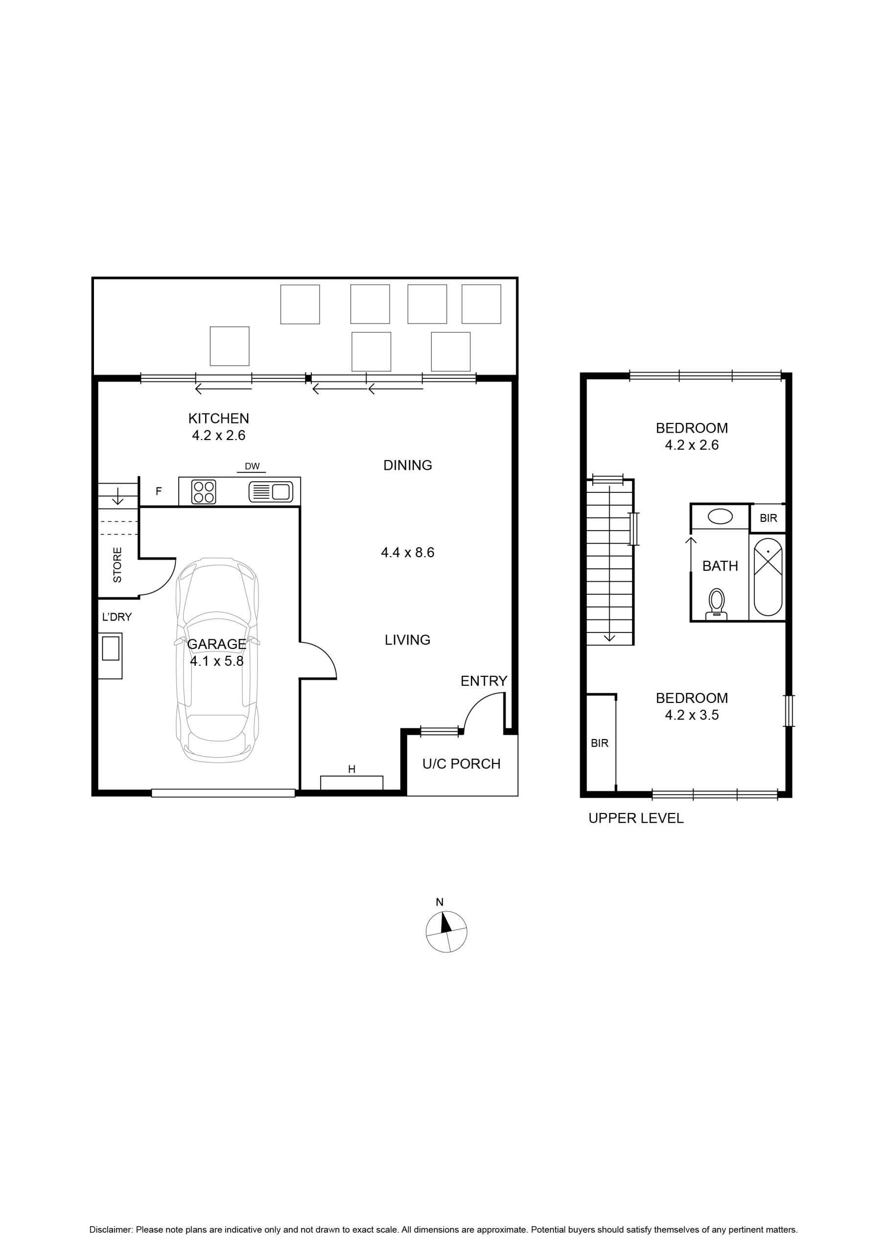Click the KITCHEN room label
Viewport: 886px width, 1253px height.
pyautogui.click(x=218, y=418)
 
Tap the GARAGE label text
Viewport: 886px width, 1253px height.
pyautogui.click(x=217, y=644)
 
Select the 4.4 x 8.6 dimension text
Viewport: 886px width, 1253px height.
pyautogui.click(x=407, y=552)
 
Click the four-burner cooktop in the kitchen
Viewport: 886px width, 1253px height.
pyautogui.click(x=204, y=492)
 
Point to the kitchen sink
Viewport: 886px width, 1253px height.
pyautogui.click(x=271, y=492)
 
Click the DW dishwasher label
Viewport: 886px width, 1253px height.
pyautogui.click(x=252, y=466)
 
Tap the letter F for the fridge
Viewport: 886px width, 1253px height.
pyautogui.click(x=159, y=491)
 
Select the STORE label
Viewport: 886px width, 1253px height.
pyautogui.click(x=117, y=565)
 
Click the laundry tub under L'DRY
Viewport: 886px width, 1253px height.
pyautogui.click(x=110, y=655)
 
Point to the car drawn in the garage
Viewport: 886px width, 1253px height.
pyautogui.click(x=217, y=660)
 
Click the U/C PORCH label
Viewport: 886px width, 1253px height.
pyautogui.click(x=461, y=764)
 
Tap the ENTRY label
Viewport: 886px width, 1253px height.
pyautogui.click(x=484, y=681)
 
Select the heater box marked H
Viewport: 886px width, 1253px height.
pyautogui.click(x=351, y=783)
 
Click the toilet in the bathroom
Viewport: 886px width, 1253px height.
pyautogui.click(x=717, y=604)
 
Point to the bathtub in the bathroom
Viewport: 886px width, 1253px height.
pyautogui.click(x=768, y=578)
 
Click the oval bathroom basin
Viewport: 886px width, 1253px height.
pyautogui.click(x=720, y=516)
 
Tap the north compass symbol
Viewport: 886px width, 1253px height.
pyautogui.click(x=446, y=931)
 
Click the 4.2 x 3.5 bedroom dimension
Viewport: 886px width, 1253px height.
pyautogui.click(x=692, y=715)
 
